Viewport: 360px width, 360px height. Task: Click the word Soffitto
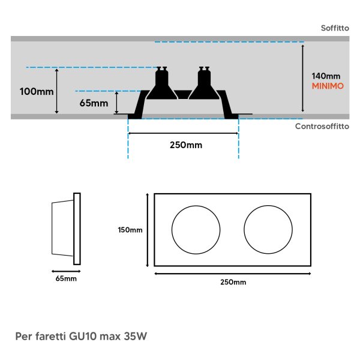click(x=335, y=28)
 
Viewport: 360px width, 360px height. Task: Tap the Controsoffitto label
click(x=322, y=126)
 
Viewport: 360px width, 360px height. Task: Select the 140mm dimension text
click(x=326, y=76)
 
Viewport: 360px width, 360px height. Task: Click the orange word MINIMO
click(x=328, y=86)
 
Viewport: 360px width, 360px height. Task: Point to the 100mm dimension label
click(x=37, y=92)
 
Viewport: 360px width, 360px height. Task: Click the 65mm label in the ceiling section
click(x=94, y=103)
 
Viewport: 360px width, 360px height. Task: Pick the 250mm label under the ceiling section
click(x=186, y=145)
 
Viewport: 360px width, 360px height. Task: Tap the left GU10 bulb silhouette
click(x=161, y=83)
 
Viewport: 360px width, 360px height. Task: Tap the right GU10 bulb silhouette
click(x=204, y=83)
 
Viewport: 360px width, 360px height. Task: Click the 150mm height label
click(x=130, y=230)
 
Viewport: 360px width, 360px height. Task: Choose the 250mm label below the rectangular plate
click(x=233, y=282)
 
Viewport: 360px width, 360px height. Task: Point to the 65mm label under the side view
click(x=66, y=279)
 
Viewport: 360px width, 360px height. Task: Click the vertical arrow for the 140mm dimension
click(x=303, y=78)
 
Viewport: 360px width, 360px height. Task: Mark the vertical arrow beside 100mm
click(x=57, y=91)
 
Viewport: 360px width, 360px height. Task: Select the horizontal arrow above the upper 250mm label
click(x=183, y=133)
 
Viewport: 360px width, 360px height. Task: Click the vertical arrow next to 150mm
click(x=148, y=230)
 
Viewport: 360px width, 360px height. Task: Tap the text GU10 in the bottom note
click(x=82, y=337)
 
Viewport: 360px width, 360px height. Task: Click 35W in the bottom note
click(x=135, y=337)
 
